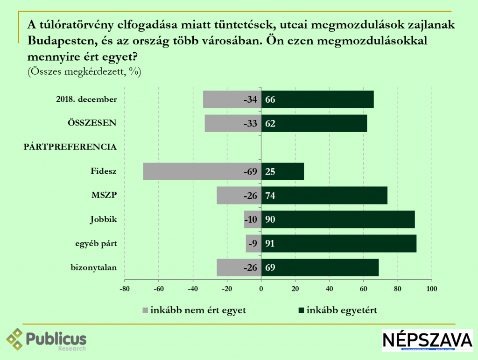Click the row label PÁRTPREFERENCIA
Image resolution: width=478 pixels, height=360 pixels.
(x=70, y=147)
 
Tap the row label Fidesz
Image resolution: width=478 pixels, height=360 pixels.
(x=103, y=171)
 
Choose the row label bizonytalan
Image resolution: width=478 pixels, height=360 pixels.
(x=93, y=268)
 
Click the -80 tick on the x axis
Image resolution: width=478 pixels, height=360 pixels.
(x=124, y=288)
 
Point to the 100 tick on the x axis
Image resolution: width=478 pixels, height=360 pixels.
(x=431, y=288)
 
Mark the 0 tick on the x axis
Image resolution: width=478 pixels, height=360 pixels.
(x=261, y=288)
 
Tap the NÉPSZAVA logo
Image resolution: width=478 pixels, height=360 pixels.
(x=427, y=340)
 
